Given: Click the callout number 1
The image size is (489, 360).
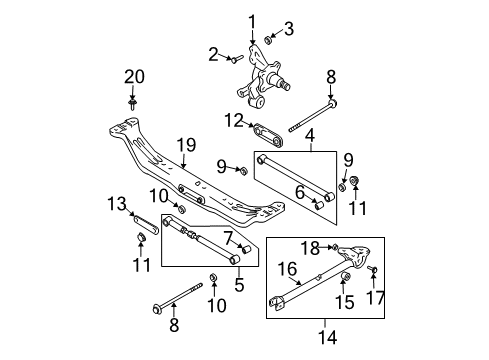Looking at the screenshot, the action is (x=252, y=22).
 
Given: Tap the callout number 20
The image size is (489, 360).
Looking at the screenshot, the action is (x=134, y=77).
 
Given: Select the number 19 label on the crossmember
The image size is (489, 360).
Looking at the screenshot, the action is (x=186, y=145).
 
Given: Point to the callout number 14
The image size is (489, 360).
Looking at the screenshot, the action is (x=328, y=337).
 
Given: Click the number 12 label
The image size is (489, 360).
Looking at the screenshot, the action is (x=234, y=120).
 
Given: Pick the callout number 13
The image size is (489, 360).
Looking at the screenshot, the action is (x=117, y=204).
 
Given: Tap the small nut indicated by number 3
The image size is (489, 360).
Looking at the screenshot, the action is (x=268, y=40).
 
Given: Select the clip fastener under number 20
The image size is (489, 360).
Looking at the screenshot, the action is (x=133, y=103).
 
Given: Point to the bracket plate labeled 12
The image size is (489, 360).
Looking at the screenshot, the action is (x=268, y=134).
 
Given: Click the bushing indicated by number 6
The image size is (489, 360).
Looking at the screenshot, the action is (x=319, y=205).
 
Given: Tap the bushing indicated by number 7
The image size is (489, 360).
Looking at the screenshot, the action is (x=246, y=249).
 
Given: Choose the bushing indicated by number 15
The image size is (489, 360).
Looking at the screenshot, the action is (x=346, y=276).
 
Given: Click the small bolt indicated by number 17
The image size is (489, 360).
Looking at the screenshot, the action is (x=372, y=269).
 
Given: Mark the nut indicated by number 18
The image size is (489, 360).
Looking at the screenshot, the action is (x=334, y=247).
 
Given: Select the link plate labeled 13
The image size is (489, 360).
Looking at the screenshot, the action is (x=146, y=225).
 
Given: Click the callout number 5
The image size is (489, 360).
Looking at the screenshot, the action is (x=239, y=284).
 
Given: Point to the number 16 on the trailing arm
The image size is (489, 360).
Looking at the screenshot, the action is (x=287, y=269).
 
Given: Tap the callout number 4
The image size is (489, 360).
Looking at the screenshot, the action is (x=310, y=136).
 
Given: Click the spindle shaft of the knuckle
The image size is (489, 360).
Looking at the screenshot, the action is (x=280, y=81).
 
